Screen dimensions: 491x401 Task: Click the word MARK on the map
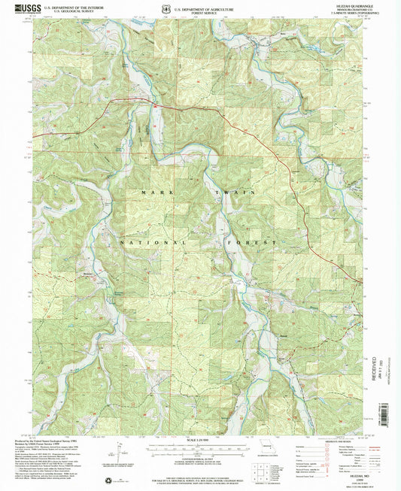[x=151, y=193]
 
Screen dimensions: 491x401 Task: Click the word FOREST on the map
[x=259, y=243]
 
